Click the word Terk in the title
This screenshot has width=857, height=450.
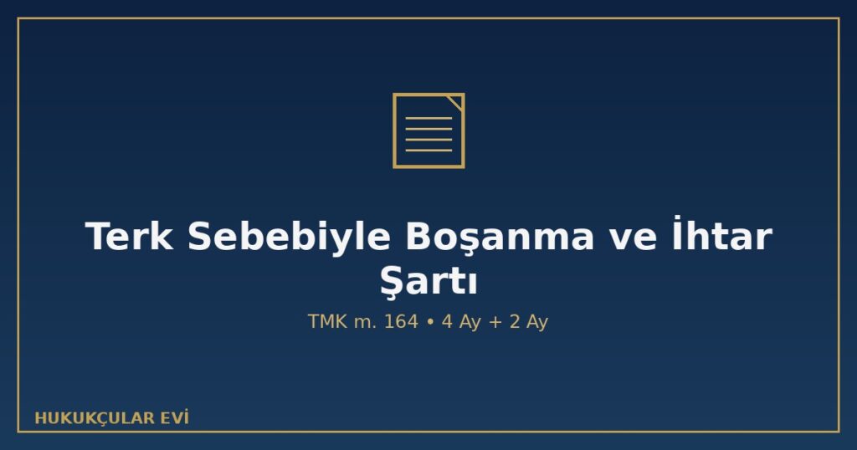130,237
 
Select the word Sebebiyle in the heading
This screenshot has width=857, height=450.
289,237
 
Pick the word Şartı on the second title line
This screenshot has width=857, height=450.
428,282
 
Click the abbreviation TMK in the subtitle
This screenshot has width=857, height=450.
327,321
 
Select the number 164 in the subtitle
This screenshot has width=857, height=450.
401,321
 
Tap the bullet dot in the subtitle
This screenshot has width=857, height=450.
430,322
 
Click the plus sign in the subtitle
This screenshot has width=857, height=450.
495,322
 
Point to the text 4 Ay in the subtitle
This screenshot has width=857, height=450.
461,322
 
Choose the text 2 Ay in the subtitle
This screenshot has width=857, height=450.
529,322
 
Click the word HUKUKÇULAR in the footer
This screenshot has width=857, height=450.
95,418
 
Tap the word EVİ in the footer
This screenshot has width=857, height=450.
174,417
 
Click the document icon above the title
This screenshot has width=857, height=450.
428,130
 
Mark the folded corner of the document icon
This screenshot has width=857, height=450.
455,102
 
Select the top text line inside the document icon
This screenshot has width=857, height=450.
428,118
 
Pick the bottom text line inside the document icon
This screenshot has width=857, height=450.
428,151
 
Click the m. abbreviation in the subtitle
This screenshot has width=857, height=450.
366,323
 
